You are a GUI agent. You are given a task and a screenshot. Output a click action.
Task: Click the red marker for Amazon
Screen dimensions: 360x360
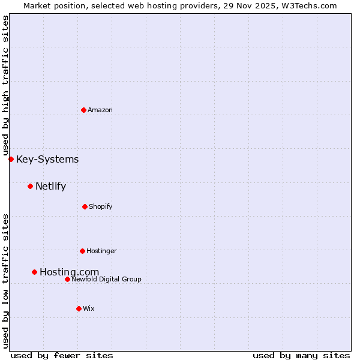click(83, 110)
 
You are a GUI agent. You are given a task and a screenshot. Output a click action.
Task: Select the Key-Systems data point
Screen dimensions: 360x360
click(11, 159)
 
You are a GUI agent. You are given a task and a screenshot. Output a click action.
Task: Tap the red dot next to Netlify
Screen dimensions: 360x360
click(30, 186)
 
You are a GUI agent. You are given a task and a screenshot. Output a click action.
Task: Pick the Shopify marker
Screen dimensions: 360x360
click(85, 206)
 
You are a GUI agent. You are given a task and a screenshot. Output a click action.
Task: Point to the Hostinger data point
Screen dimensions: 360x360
click(82, 251)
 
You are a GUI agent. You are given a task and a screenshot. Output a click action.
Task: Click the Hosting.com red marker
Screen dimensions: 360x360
click(34, 272)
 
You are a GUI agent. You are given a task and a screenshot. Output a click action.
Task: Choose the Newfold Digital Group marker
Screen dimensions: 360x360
click(67, 279)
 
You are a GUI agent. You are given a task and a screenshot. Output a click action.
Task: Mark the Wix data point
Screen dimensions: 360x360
click(79, 308)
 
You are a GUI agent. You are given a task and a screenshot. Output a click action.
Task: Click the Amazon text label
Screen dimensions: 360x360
click(100, 110)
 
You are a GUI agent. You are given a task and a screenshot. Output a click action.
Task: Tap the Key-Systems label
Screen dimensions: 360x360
click(47, 159)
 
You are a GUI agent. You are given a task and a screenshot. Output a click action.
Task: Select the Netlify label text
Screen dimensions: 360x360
click(50, 186)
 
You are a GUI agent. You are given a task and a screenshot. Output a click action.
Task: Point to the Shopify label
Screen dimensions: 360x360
click(101, 206)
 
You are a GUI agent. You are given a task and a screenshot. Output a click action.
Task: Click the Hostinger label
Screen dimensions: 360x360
click(101, 251)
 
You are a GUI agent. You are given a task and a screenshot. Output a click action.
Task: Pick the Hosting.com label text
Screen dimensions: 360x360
click(69, 272)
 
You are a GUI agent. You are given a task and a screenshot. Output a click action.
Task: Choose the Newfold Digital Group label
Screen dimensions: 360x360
click(106, 279)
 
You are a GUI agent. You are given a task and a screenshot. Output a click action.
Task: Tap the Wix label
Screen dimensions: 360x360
click(89, 308)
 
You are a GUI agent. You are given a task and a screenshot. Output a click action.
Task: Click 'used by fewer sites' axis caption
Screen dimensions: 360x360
click(62, 355)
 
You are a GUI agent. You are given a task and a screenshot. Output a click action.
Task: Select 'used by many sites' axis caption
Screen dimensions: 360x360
click(301, 355)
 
